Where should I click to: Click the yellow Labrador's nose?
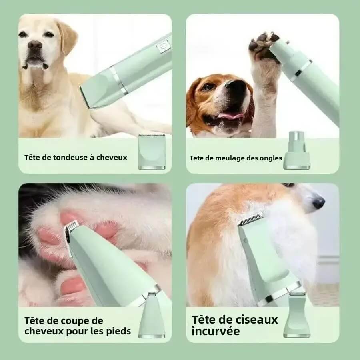click(35, 45)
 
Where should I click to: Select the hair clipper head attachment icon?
click(152, 152)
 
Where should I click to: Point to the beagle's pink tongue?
click(230, 116)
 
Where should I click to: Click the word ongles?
click(272, 158)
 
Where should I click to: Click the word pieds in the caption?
click(119, 331)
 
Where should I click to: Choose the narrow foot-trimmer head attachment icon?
click(152, 316)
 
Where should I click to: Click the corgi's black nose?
click(318, 203)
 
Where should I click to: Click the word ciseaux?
click(256, 320)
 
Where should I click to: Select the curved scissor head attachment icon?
click(297, 316)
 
